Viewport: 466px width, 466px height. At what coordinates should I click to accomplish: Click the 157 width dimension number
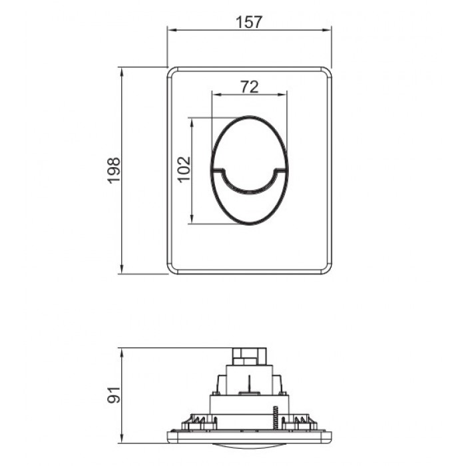249,22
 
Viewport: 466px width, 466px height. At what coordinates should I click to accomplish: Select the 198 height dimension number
114,170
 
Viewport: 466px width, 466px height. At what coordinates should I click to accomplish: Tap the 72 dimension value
250,87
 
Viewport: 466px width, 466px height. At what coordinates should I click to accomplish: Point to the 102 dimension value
184,169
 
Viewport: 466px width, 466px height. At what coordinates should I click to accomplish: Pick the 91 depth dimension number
114,395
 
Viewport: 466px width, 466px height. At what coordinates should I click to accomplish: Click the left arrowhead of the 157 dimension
172,30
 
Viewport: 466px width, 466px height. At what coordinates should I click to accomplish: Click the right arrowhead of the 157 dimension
327,30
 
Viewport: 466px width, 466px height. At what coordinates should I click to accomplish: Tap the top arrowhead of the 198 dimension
121,72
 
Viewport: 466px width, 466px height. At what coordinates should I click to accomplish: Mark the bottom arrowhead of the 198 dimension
121,269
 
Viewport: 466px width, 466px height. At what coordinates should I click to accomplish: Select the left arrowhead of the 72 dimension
216,95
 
